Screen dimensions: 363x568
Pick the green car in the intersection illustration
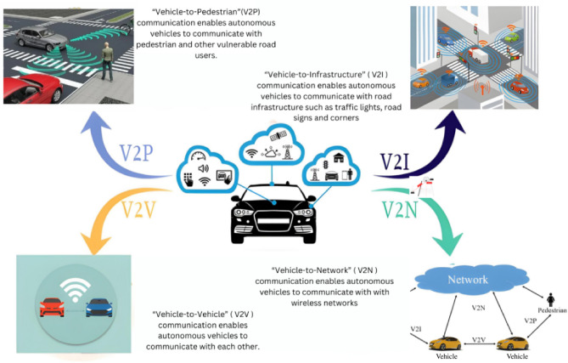click(x=512, y=35)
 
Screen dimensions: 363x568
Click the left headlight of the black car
click(x=245, y=213)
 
